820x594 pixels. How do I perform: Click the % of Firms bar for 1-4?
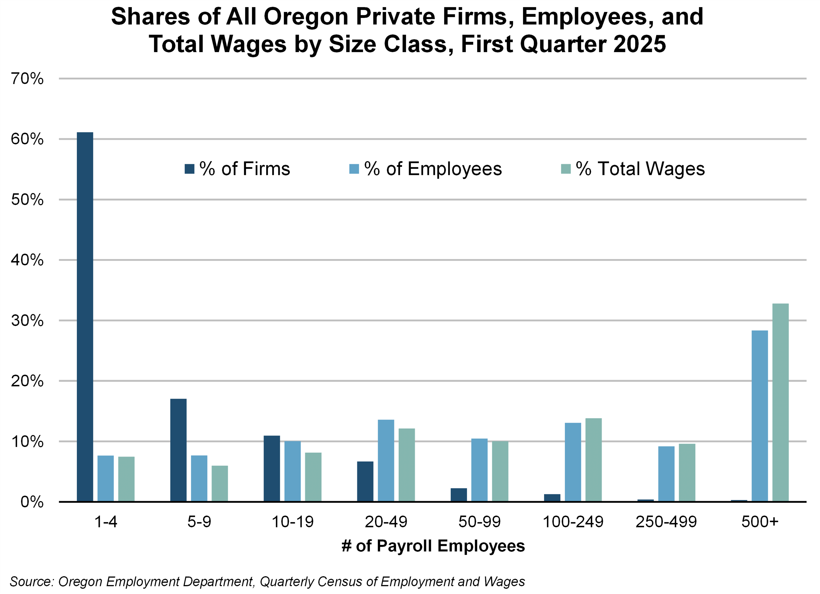pos(85,317)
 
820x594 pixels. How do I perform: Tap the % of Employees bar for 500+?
pos(760,416)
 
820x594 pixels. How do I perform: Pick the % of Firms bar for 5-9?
pos(178,450)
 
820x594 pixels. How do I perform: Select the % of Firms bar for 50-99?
pos(459,495)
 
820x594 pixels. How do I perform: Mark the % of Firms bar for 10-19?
pos(272,469)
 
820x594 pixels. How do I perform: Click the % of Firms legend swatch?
pos(189,169)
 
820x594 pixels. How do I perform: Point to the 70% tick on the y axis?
pos(27,78)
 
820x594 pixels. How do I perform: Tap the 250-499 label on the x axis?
pos(666,522)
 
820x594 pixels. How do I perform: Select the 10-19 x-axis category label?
pos(293,522)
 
